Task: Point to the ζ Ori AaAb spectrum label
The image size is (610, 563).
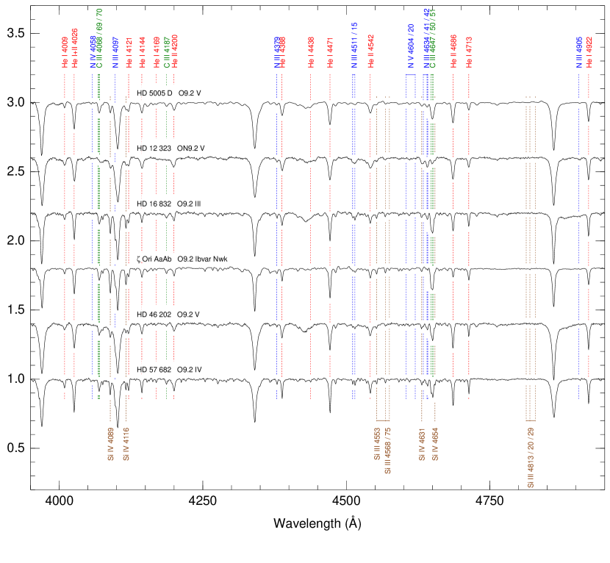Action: pos(184,259)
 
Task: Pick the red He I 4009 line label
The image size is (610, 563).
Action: pos(65,53)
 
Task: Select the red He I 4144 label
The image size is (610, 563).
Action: pos(143,53)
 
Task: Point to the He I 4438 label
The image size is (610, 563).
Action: pos(311,53)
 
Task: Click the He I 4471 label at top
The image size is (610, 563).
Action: pos(330,53)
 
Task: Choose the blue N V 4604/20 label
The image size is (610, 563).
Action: pos(411,47)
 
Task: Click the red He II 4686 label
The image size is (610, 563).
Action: pos(453,53)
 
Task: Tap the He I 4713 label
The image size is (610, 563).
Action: pos(469,53)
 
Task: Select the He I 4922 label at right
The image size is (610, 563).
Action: pos(589,53)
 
